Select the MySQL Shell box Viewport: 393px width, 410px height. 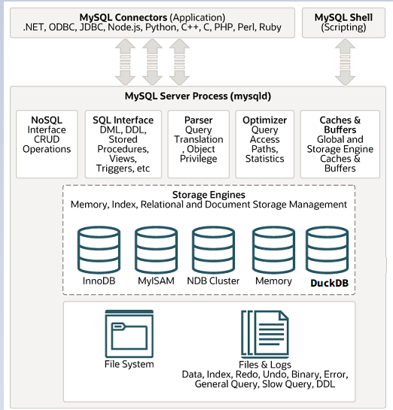point(343,22)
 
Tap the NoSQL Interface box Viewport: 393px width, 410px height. point(47,143)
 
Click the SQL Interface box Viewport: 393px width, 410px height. point(123,143)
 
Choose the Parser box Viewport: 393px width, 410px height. point(198,143)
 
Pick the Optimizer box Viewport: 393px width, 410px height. point(264,143)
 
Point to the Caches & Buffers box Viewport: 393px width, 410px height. point(340,143)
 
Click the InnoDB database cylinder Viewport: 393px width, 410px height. point(99,249)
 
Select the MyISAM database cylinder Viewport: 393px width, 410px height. point(156,249)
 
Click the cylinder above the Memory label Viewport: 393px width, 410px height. point(273,249)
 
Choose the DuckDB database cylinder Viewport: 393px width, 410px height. point(327,249)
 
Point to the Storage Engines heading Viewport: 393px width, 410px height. point(209,195)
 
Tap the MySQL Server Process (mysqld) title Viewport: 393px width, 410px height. point(198,97)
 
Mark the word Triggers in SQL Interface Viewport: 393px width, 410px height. point(111,169)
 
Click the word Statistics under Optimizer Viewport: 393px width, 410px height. point(264,159)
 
